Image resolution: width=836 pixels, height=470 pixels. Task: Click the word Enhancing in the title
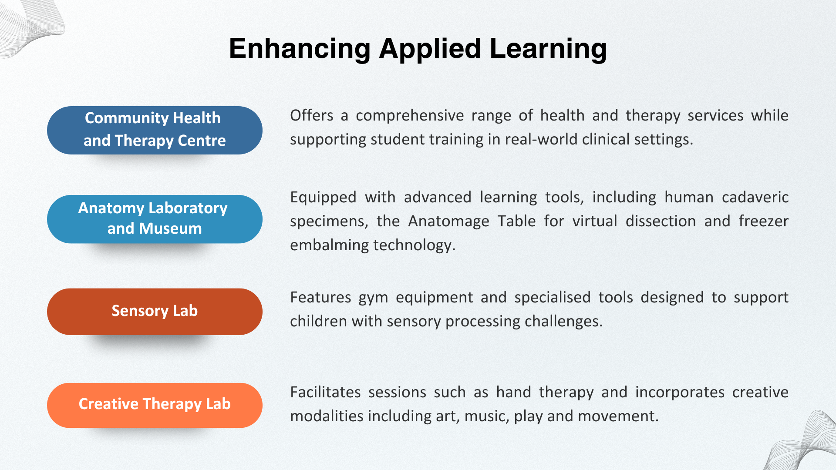tap(300, 48)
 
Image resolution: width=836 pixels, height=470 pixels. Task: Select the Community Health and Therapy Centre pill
tap(155, 130)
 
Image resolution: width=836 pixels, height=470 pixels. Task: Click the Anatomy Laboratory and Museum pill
tap(155, 219)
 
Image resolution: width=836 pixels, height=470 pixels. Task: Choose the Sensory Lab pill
tap(155, 312)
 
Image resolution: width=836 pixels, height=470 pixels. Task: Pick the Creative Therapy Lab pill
tap(155, 405)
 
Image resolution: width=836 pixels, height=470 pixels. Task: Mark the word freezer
tap(763, 222)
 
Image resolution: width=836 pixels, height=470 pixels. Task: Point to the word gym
tap(373, 298)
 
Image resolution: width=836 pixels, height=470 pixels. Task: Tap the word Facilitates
tap(325, 393)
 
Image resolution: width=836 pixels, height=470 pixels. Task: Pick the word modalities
tap(327, 416)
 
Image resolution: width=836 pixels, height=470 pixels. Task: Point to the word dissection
tap(661, 222)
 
